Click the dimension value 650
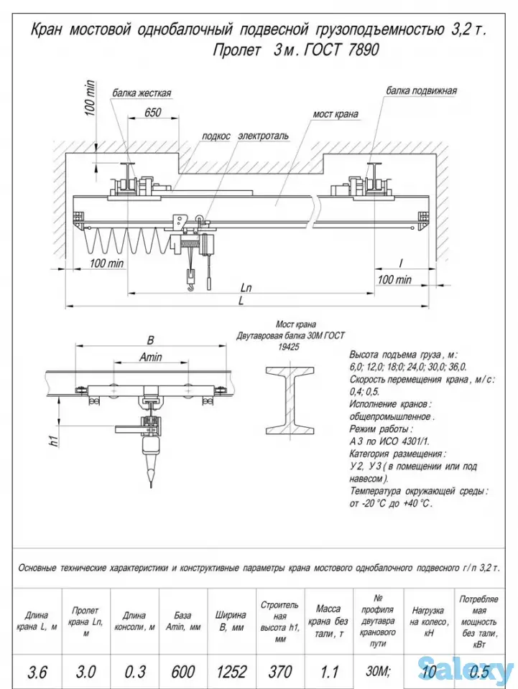tap(152, 113)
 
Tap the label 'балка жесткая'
tap(141, 93)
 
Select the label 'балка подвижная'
tap(421, 91)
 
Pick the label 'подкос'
tap(216, 136)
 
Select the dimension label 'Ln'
tap(246, 288)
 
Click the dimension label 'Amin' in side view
tap(150, 357)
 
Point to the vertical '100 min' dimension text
tap(90, 99)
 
